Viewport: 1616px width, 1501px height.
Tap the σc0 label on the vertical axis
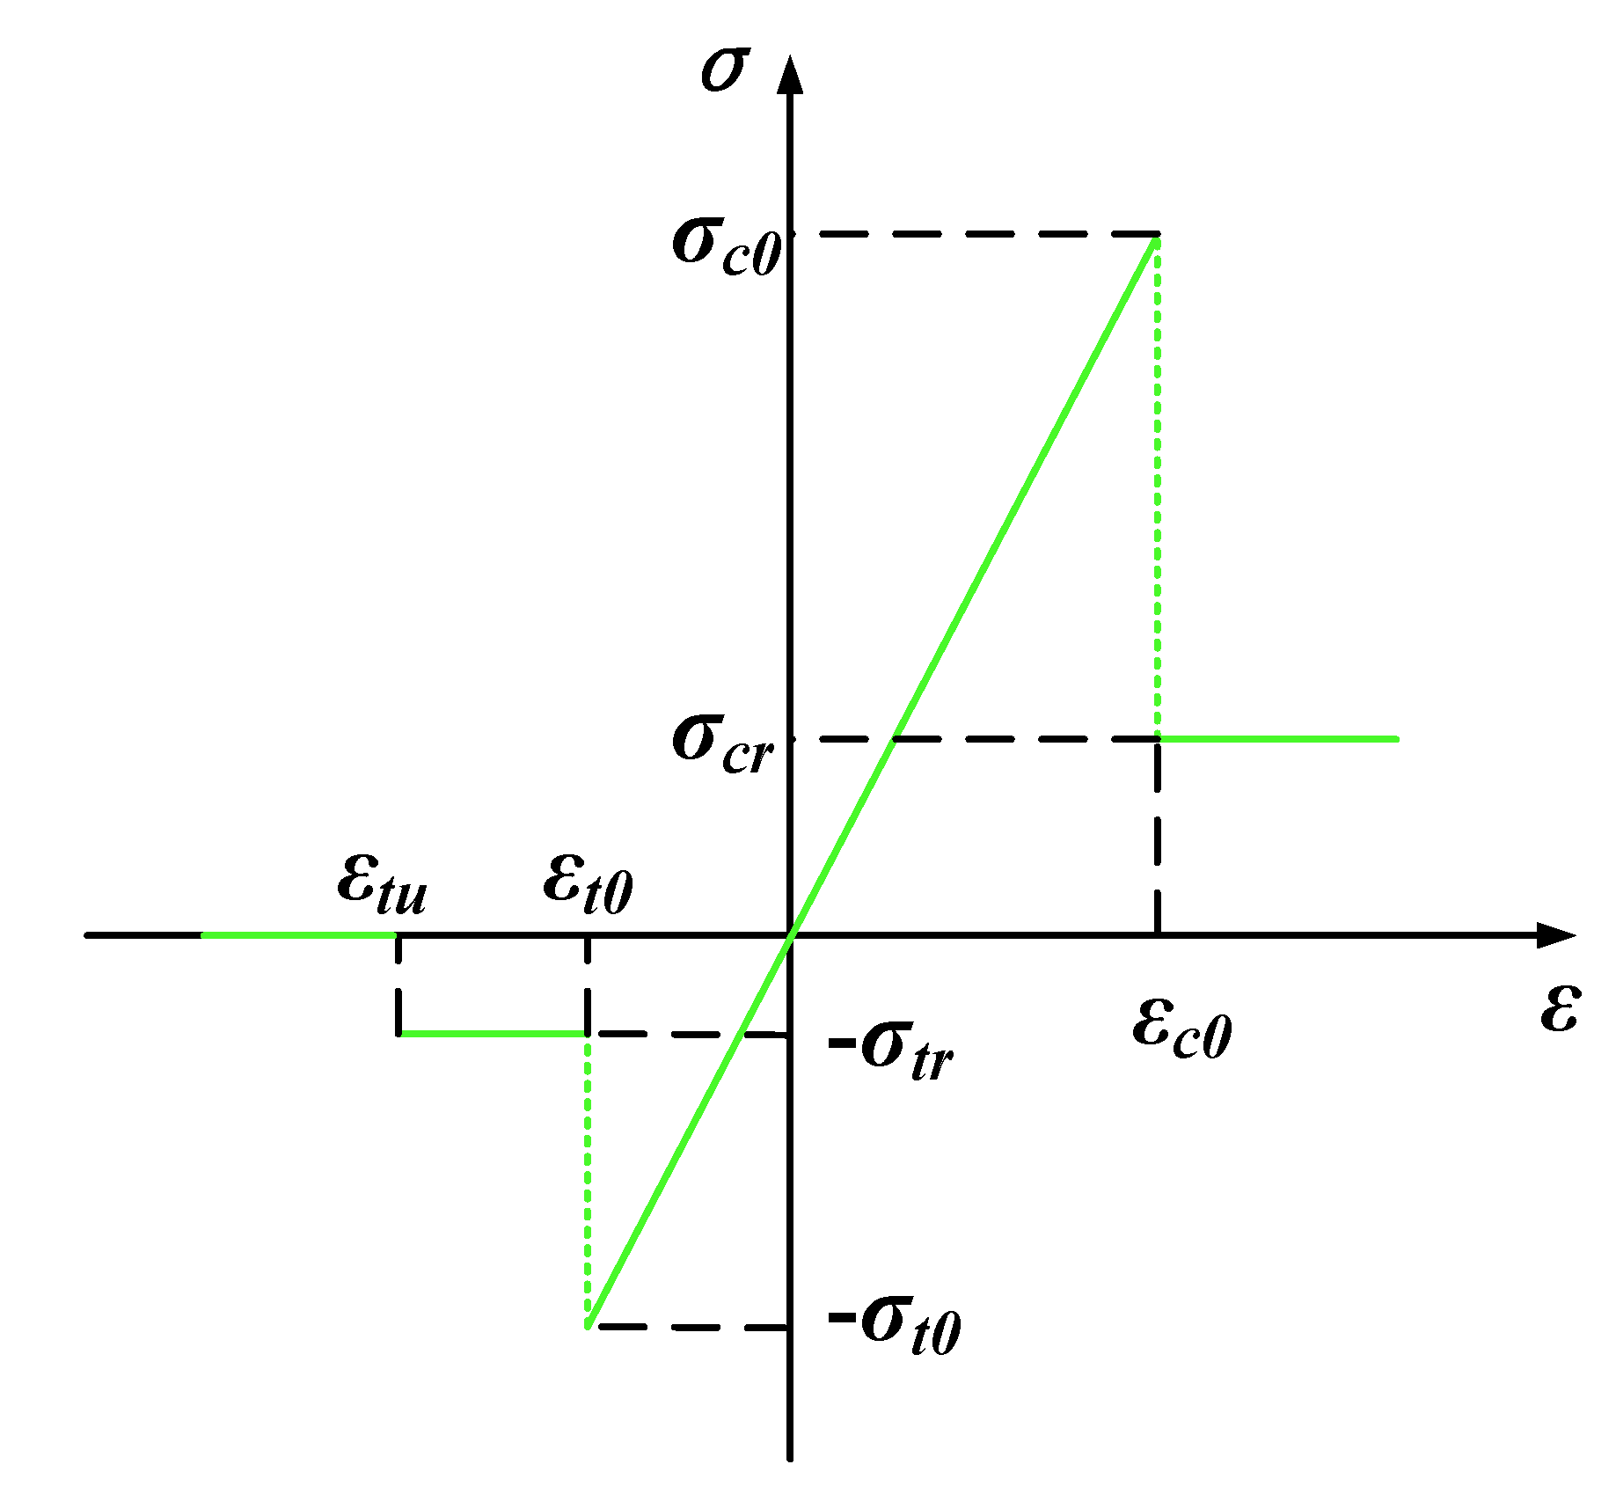point(727,245)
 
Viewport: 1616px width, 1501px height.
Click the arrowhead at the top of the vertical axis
point(791,74)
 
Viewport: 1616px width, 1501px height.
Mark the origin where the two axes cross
point(791,935)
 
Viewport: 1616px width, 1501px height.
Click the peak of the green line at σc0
point(1156,238)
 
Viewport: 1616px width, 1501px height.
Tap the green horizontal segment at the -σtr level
point(493,1034)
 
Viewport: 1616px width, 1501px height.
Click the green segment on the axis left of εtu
point(299,935)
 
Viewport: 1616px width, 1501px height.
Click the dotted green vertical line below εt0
point(588,1179)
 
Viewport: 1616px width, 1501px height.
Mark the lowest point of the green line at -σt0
point(589,1324)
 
